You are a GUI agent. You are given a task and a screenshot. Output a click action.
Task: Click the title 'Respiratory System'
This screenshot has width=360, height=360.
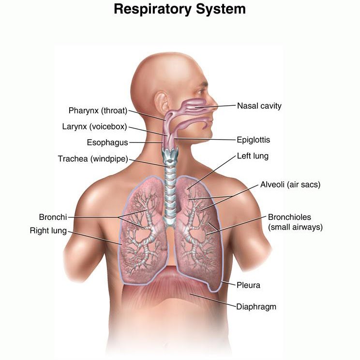tap(180, 9)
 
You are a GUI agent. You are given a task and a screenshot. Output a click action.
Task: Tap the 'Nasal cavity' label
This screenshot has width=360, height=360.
tap(259, 106)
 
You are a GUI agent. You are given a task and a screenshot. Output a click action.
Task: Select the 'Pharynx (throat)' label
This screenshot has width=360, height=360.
tap(98, 111)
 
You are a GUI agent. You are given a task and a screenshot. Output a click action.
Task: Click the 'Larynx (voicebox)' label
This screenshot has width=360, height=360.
tap(94, 127)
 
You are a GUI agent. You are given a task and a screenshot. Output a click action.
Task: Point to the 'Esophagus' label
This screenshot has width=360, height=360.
tap(107, 143)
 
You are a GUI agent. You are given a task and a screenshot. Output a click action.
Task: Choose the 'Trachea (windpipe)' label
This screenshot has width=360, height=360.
tap(92, 158)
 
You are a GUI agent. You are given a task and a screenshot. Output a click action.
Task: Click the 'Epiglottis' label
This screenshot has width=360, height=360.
tap(253, 140)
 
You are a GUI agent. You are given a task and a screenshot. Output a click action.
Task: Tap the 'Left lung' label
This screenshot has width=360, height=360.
tap(252, 156)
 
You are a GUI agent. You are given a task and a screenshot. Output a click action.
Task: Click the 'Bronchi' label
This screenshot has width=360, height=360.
tap(53, 217)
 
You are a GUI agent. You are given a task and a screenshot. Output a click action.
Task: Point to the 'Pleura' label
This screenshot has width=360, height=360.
tap(248, 285)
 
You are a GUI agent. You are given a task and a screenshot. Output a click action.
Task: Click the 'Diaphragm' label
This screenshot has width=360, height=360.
tap(256, 306)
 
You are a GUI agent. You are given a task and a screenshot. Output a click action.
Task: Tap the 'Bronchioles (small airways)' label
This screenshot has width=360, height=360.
tap(295, 222)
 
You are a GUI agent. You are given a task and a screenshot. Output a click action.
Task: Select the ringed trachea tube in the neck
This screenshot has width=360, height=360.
tap(169, 188)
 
